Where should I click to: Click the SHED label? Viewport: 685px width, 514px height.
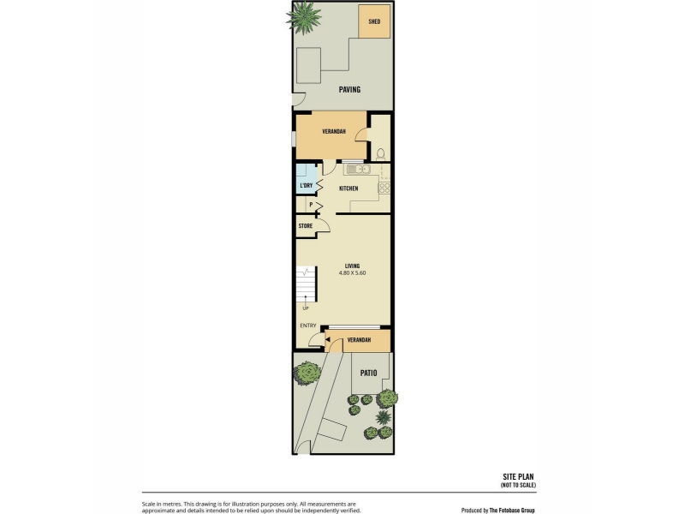coord(374,21)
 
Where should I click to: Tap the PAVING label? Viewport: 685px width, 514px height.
coord(349,90)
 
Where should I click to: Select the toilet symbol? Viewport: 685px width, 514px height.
coord(380,154)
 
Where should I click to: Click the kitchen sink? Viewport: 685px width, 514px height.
coord(358,169)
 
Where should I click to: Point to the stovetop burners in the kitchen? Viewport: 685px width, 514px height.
coord(384,188)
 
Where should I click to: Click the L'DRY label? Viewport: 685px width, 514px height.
coord(307,185)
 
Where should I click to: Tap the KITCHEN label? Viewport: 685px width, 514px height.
coord(348,188)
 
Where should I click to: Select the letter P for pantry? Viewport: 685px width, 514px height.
coord(311,205)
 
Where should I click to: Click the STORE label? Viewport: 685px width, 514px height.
coord(306,226)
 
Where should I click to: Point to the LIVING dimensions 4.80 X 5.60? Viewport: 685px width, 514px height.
coord(352,272)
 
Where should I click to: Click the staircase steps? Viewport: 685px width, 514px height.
coord(306,284)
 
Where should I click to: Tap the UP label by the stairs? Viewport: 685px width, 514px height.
coord(306,308)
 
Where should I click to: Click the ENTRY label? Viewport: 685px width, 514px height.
coord(308,326)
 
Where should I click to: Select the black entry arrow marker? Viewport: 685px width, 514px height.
coord(327,338)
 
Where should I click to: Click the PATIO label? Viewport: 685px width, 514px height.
coord(368,373)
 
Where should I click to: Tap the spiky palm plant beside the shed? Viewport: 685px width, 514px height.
coord(304,17)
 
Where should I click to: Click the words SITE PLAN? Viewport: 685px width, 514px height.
coord(518,477)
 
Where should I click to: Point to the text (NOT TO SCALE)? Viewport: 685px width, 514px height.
coord(518,485)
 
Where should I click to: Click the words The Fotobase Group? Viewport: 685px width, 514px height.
coord(512,510)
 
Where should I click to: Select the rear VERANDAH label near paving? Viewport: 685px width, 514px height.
coord(334,131)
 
